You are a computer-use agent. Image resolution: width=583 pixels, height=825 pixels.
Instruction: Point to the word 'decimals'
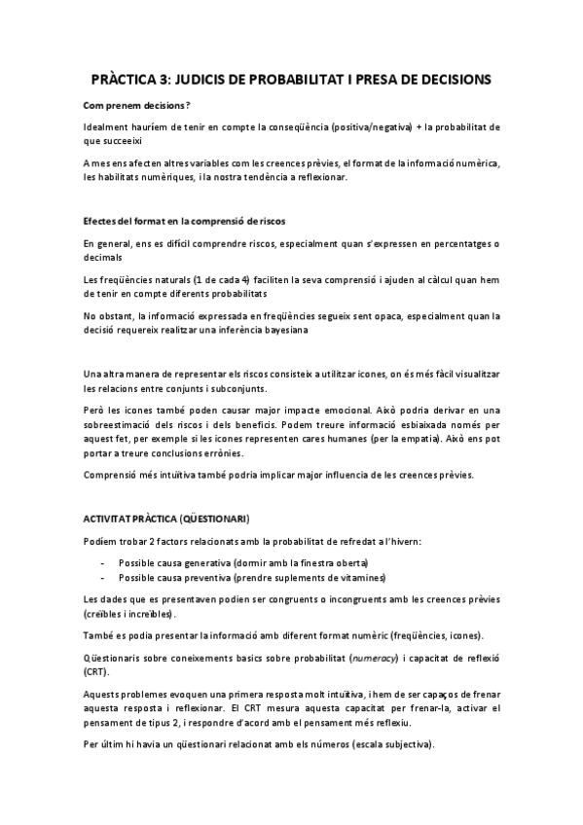point(102,258)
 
